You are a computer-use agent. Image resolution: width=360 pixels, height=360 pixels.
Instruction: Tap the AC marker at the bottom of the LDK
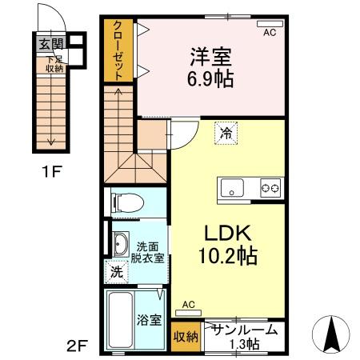[189, 305]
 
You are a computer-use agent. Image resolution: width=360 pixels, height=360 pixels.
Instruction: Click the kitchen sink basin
[234, 189]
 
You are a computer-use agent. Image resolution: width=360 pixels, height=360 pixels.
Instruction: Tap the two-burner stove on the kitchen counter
[270, 189]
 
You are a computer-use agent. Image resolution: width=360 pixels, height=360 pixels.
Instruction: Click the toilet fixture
[129, 204]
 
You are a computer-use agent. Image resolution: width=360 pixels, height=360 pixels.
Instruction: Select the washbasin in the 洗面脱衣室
[121, 244]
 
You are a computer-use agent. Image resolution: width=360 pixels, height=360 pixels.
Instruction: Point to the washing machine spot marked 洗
[117, 272]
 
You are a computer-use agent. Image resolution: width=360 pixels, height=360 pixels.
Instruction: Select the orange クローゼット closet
[118, 51]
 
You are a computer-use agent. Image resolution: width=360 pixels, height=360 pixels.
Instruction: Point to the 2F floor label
[77, 346]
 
